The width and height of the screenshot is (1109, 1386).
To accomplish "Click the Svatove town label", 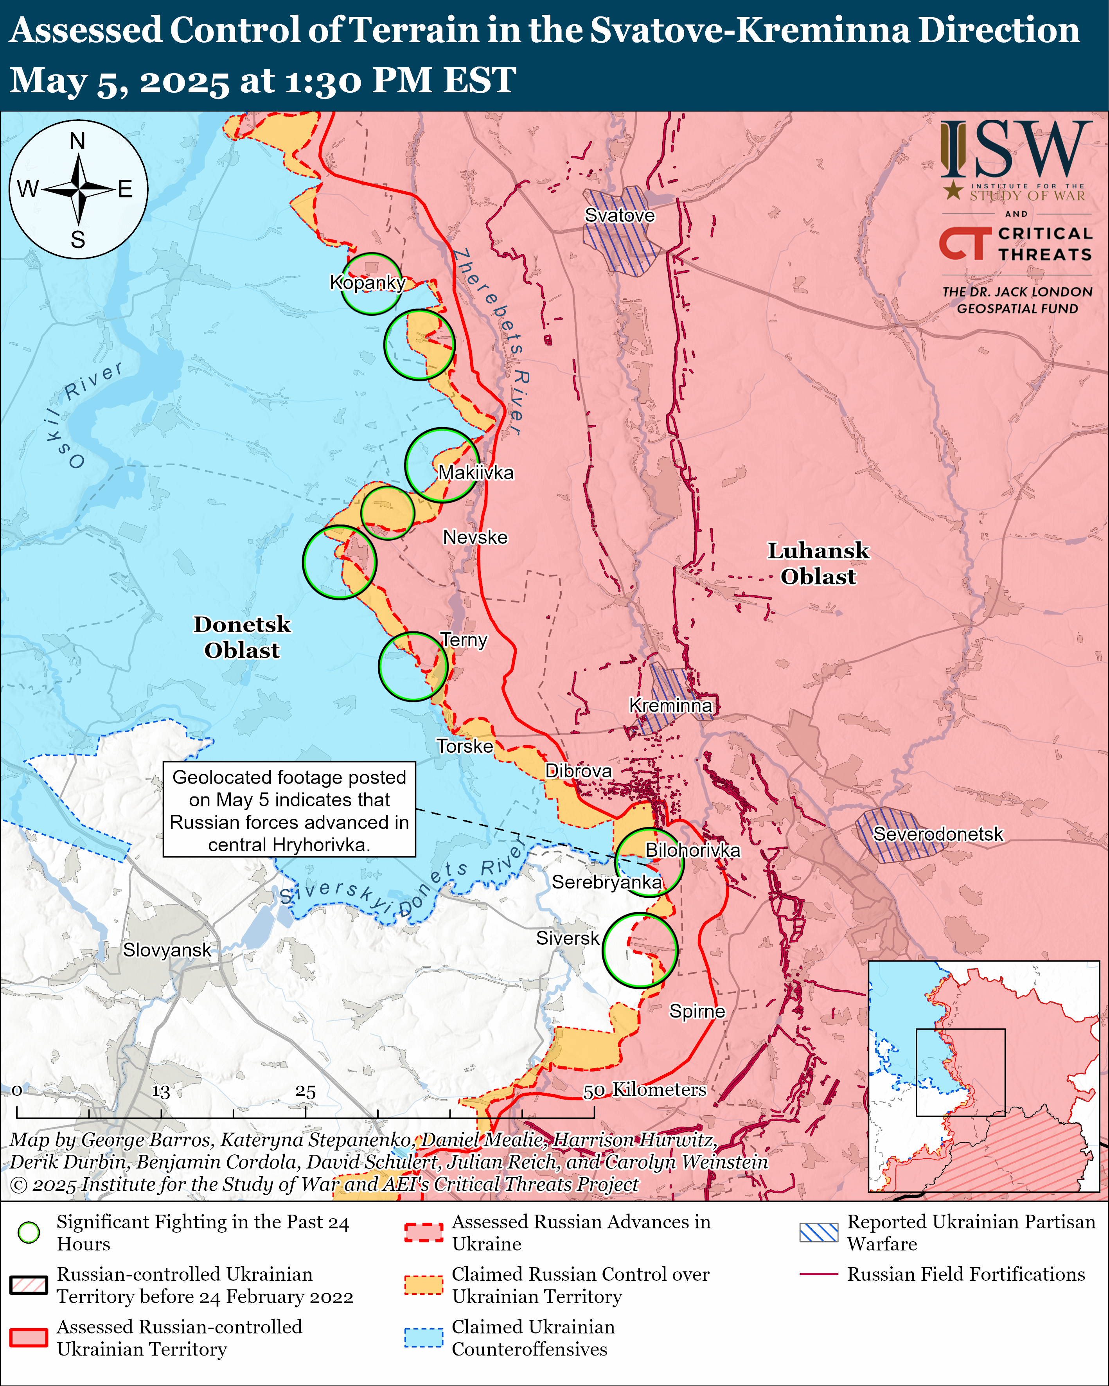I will coord(619,216).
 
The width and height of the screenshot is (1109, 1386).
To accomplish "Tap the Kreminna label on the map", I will coord(670,705).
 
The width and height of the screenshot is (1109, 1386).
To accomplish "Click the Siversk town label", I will coord(567,938).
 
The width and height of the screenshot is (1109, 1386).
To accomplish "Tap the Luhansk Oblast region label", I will coord(818,563).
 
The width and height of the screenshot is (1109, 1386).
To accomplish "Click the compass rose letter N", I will coord(78,141).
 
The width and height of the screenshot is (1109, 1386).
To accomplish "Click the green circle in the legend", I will coord(29,1232).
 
